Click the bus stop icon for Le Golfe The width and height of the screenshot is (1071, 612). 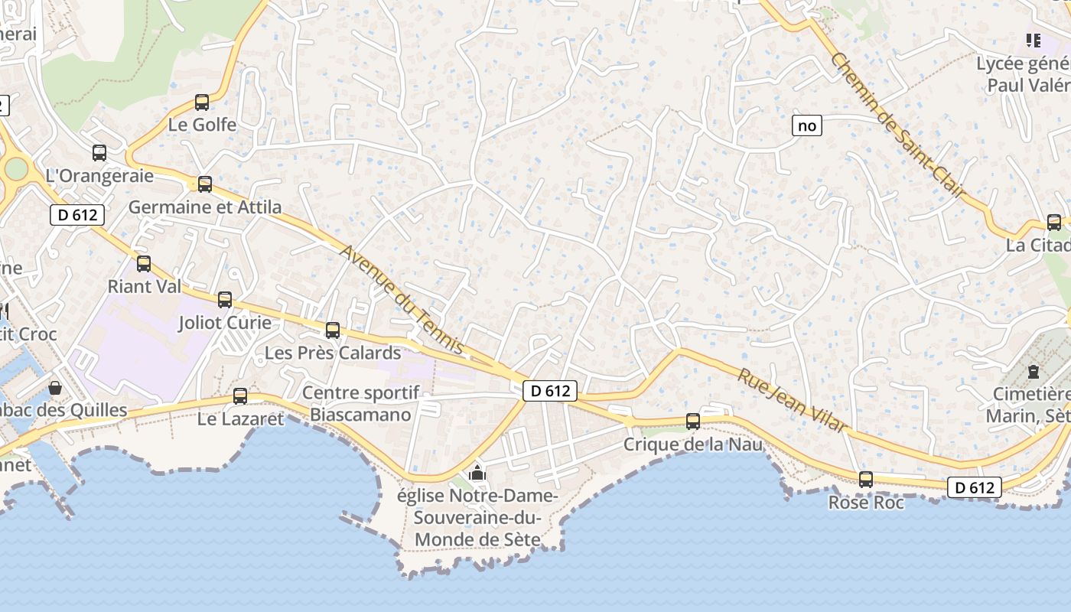[202, 102]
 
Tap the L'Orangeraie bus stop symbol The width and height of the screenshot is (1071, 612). [99, 152]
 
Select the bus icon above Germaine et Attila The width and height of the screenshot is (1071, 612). [205, 184]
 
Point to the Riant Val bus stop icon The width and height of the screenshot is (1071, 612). [144, 264]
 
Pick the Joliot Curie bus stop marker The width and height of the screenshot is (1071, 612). [225, 300]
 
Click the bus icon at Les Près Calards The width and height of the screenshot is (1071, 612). [333, 330]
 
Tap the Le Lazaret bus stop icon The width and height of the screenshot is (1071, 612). [240, 396]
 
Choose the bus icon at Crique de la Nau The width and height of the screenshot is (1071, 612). [693, 421]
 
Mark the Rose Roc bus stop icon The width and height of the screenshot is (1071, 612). [866, 480]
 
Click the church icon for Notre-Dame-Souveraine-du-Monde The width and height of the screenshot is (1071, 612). [478, 473]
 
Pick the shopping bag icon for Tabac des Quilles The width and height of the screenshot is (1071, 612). [55, 388]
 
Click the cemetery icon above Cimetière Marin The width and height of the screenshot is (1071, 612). [1034, 372]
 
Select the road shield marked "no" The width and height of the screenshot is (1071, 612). [807, 125]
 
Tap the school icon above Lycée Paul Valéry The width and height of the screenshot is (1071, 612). [1034, 40]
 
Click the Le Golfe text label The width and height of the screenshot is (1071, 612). [203, 125]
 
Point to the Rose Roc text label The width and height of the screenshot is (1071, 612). [866, 503]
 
